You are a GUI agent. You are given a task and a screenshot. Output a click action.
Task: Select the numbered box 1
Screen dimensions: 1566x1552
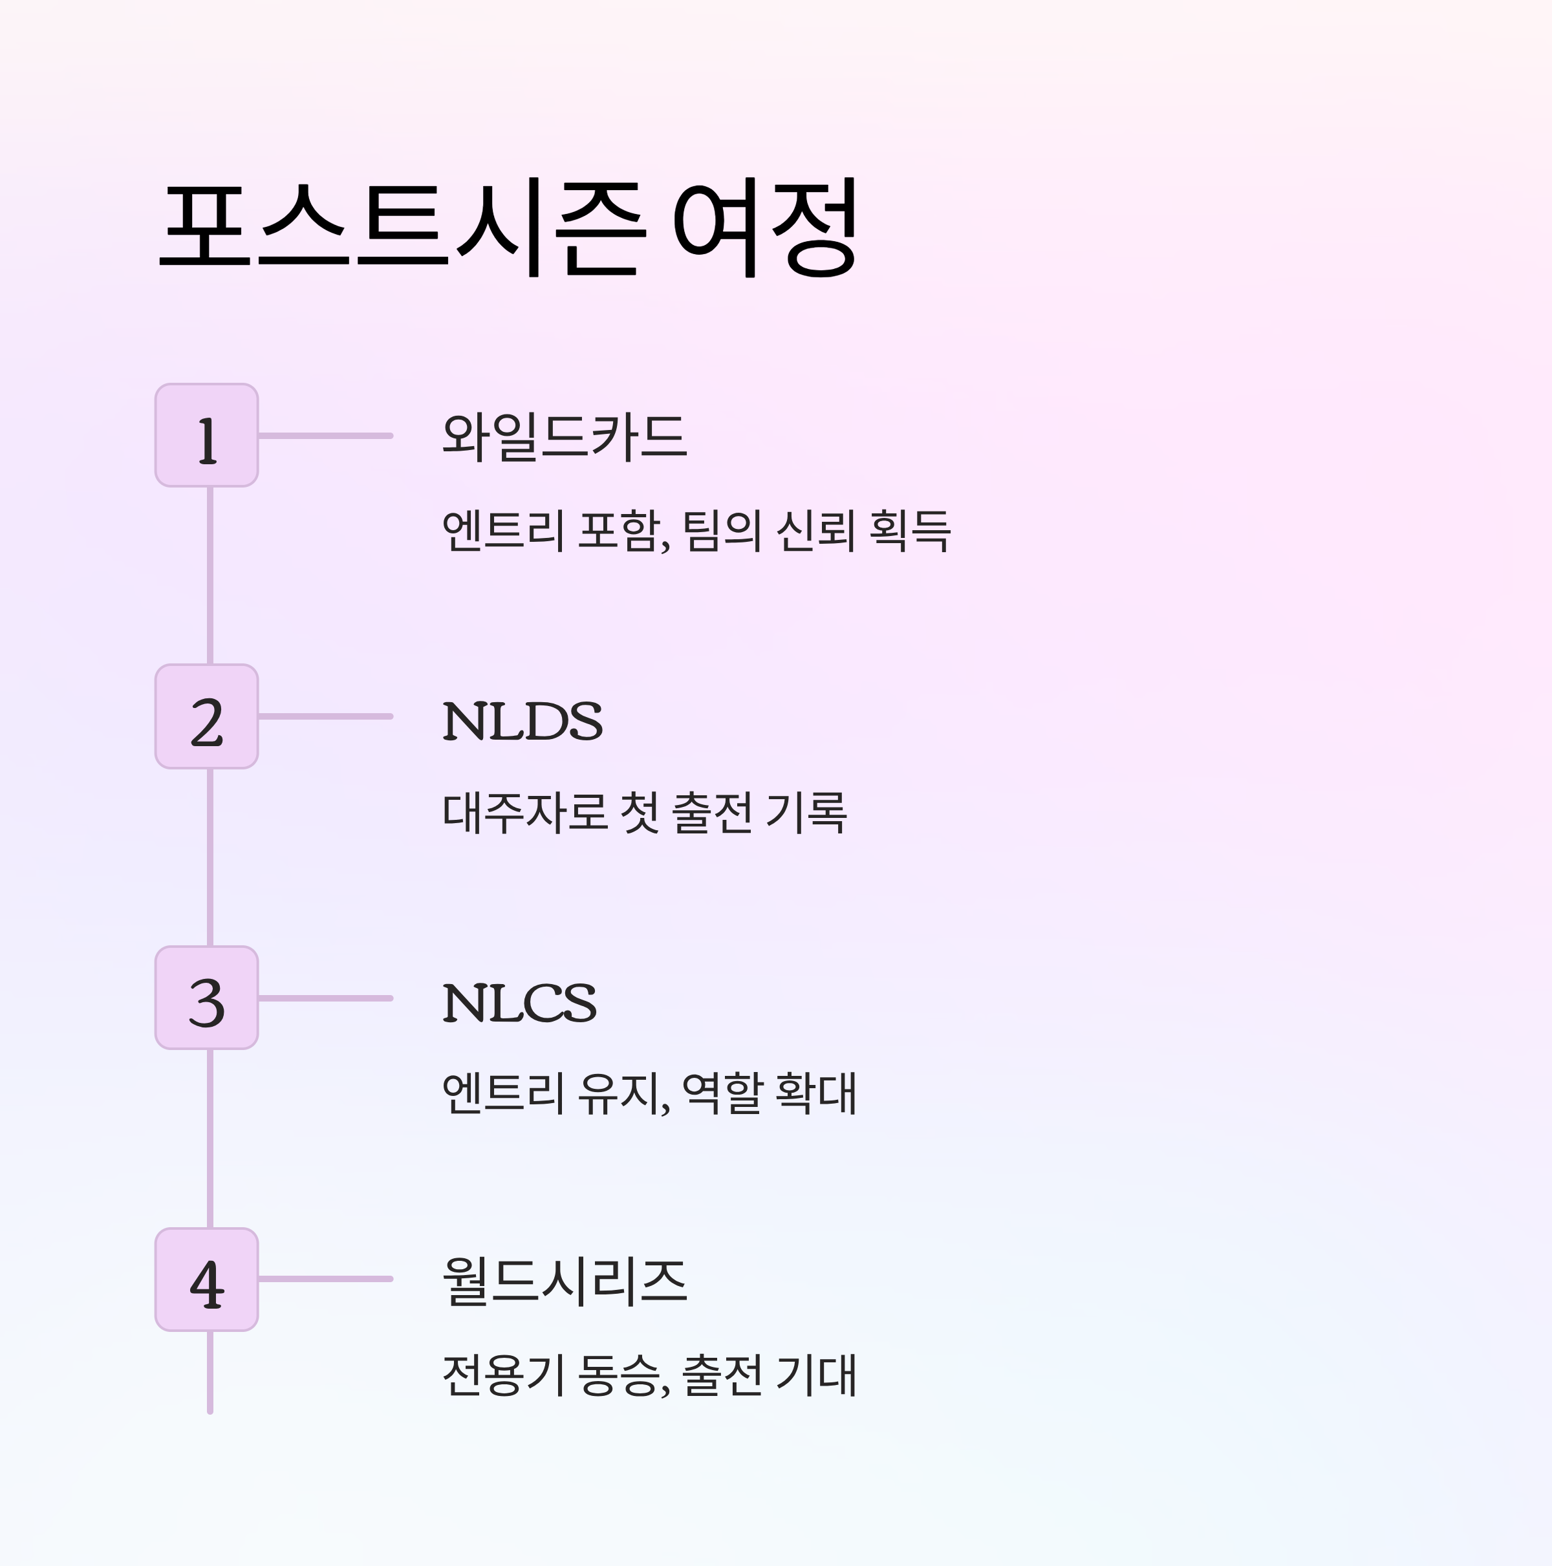point(207,436)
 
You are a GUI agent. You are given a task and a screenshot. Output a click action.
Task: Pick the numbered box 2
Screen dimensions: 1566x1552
point(207,716)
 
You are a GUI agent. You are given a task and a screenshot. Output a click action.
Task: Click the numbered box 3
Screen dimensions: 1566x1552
point(207,998)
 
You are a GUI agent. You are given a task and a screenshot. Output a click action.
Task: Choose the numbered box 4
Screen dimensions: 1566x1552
point(207,1279)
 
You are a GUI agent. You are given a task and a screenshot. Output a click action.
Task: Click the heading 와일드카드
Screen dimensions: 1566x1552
point(565,438)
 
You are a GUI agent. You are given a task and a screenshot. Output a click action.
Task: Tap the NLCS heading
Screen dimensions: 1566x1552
point(519,1003)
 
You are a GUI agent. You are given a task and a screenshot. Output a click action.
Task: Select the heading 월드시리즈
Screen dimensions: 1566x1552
point(565,1282)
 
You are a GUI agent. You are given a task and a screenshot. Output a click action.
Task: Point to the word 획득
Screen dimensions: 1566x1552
point(909,531)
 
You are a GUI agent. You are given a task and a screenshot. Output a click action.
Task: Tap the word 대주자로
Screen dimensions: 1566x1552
point(524,812)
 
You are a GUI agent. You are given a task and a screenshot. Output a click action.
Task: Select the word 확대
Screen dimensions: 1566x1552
point(815,1093)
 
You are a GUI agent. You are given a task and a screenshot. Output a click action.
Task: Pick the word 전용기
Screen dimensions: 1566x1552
point(502,1375)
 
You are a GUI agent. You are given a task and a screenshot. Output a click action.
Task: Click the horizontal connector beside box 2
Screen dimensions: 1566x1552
point(325,716)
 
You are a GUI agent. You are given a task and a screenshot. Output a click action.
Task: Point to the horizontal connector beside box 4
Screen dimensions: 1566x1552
point(325,1279)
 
